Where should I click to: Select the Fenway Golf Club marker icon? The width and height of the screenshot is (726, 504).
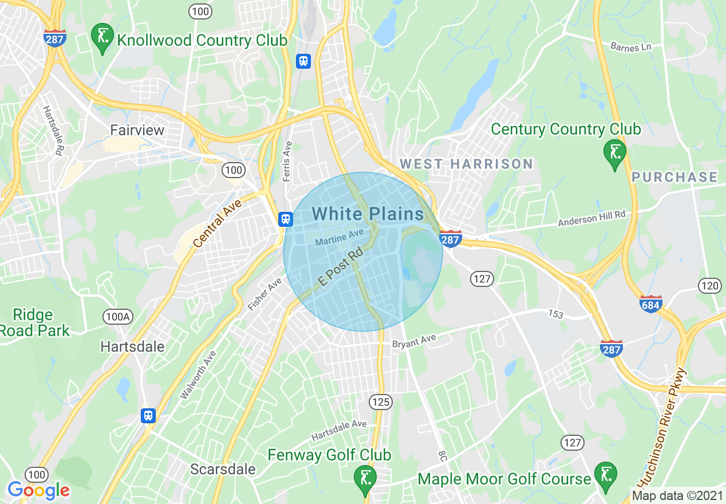pyautogui.click(x=365, y=478)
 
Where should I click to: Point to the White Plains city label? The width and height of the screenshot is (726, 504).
pyautogui.click(x=368, y=214)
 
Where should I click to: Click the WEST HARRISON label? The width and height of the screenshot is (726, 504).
pyautogui.click(x=466, y=164)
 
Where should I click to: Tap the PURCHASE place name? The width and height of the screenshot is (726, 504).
pyautogui.click(x=674, y=177)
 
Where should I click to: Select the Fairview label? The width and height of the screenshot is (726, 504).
pyautogui.click(x=137, y=130)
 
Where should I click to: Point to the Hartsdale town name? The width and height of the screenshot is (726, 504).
pyautogui.click(x=132, y=346)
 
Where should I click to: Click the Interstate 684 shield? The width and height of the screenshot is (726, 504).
pyautogui.click(x=651, y=304)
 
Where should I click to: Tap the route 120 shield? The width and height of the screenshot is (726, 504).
pyautogui.click(x=709, y=285)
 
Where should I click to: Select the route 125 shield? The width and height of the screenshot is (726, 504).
pyautogui.click(x=380, y=402)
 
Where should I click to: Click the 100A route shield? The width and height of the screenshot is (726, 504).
pyautogui.click(x=117, y=317)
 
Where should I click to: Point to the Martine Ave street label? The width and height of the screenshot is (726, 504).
pyautogui.click(x=340, y=238)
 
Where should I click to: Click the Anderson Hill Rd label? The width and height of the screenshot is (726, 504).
pyautogui.click(x=592, y=218)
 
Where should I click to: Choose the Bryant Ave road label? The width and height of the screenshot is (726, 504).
pyautogui.click(x=414, y=342)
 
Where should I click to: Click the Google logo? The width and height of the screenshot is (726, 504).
pyautogui.click(x=38, y=490)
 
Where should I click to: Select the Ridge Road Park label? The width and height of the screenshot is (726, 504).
pyautogui.click(x=34, y=322)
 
